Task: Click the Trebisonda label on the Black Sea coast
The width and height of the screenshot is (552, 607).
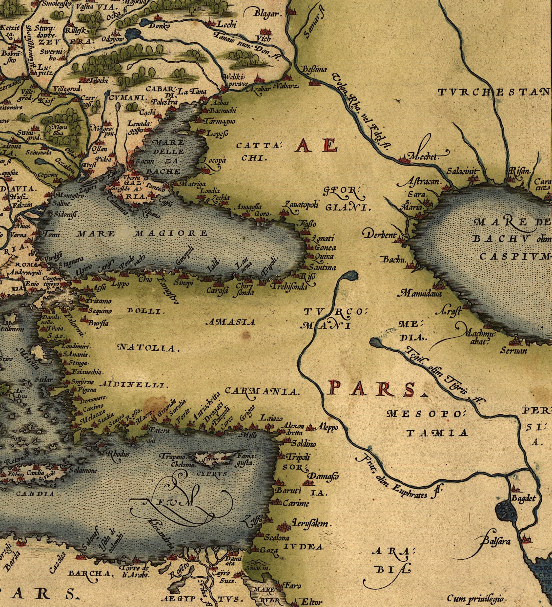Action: (289, 287)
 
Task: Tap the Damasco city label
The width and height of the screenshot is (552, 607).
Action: (323, 477)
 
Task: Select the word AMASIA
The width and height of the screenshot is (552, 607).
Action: (230, 322)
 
